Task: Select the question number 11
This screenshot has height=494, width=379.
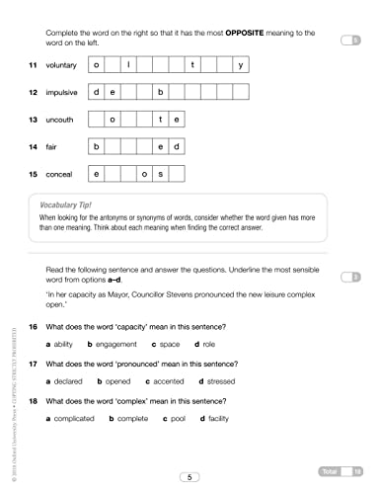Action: tap(33, 65)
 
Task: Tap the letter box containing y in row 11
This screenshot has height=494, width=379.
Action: tap(241, 65)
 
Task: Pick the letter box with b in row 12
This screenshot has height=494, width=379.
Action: tap(161, 93)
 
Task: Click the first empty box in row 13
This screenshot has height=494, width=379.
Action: tap(98, 121)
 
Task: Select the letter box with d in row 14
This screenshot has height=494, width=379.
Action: tap(179, 147)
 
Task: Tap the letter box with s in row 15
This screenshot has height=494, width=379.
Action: tap(161, 175)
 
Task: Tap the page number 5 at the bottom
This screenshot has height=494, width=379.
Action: tap(189, 477)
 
